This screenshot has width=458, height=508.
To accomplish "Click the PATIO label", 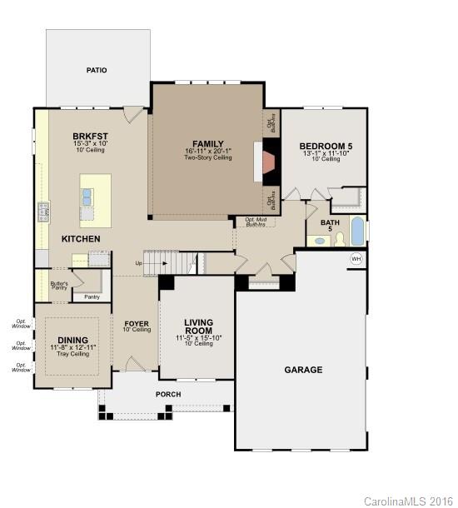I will tap(97, 71).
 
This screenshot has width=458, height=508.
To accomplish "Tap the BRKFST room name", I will tap(90, 136).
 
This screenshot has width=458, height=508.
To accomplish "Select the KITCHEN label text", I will tap(81, 239).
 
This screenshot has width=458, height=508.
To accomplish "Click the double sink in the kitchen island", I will tap(87, 197).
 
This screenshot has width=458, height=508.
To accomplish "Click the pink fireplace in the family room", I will tap(267, 163).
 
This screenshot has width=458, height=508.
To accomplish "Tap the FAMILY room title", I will tap(208, 143).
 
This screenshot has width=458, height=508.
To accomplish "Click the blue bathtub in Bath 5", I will tap(357, 229).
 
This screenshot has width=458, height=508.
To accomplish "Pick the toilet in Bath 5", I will tap(340, 240).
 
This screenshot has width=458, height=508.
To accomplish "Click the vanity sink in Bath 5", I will tap(319, 241).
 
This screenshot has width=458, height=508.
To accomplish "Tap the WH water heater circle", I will tap(356, 259).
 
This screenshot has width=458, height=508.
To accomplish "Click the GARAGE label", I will tap(303, 369).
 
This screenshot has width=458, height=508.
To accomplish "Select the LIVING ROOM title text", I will tap(198, 326).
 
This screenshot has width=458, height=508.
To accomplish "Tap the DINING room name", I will tap(72, 339).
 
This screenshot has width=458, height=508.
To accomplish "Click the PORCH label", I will tap(168, 394).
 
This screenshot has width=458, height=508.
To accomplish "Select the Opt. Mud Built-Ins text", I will tap(256, 222).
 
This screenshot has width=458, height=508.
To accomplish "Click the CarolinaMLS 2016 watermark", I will tap(409, 501).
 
